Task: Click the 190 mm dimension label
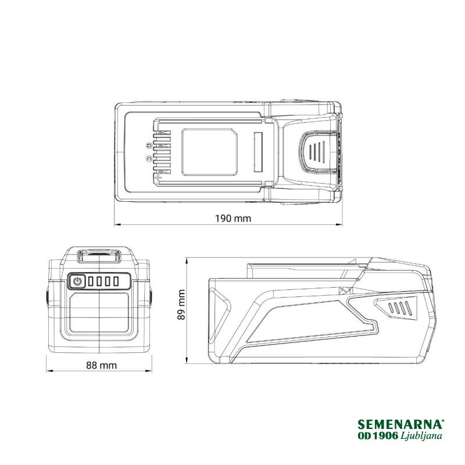(233, 219)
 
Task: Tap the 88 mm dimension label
(101, 365)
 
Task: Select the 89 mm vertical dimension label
(181, 305)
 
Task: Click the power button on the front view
(77, 281)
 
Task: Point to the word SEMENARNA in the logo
(400, 424)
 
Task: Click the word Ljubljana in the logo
(421, 435)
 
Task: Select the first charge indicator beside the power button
(91, 281)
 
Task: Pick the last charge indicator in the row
(116, 281)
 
